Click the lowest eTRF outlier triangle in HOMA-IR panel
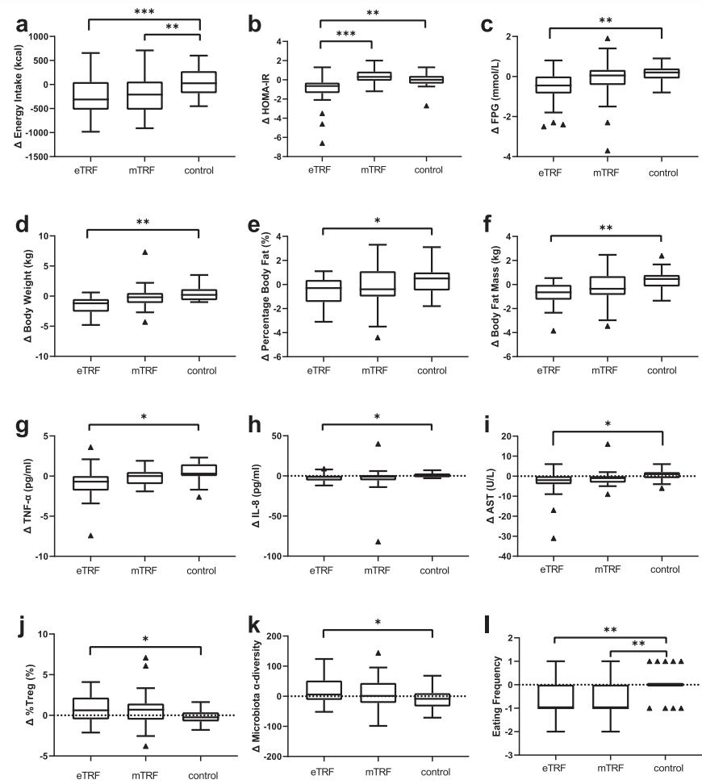(322, 143)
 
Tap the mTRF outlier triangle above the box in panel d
(145, 252)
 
